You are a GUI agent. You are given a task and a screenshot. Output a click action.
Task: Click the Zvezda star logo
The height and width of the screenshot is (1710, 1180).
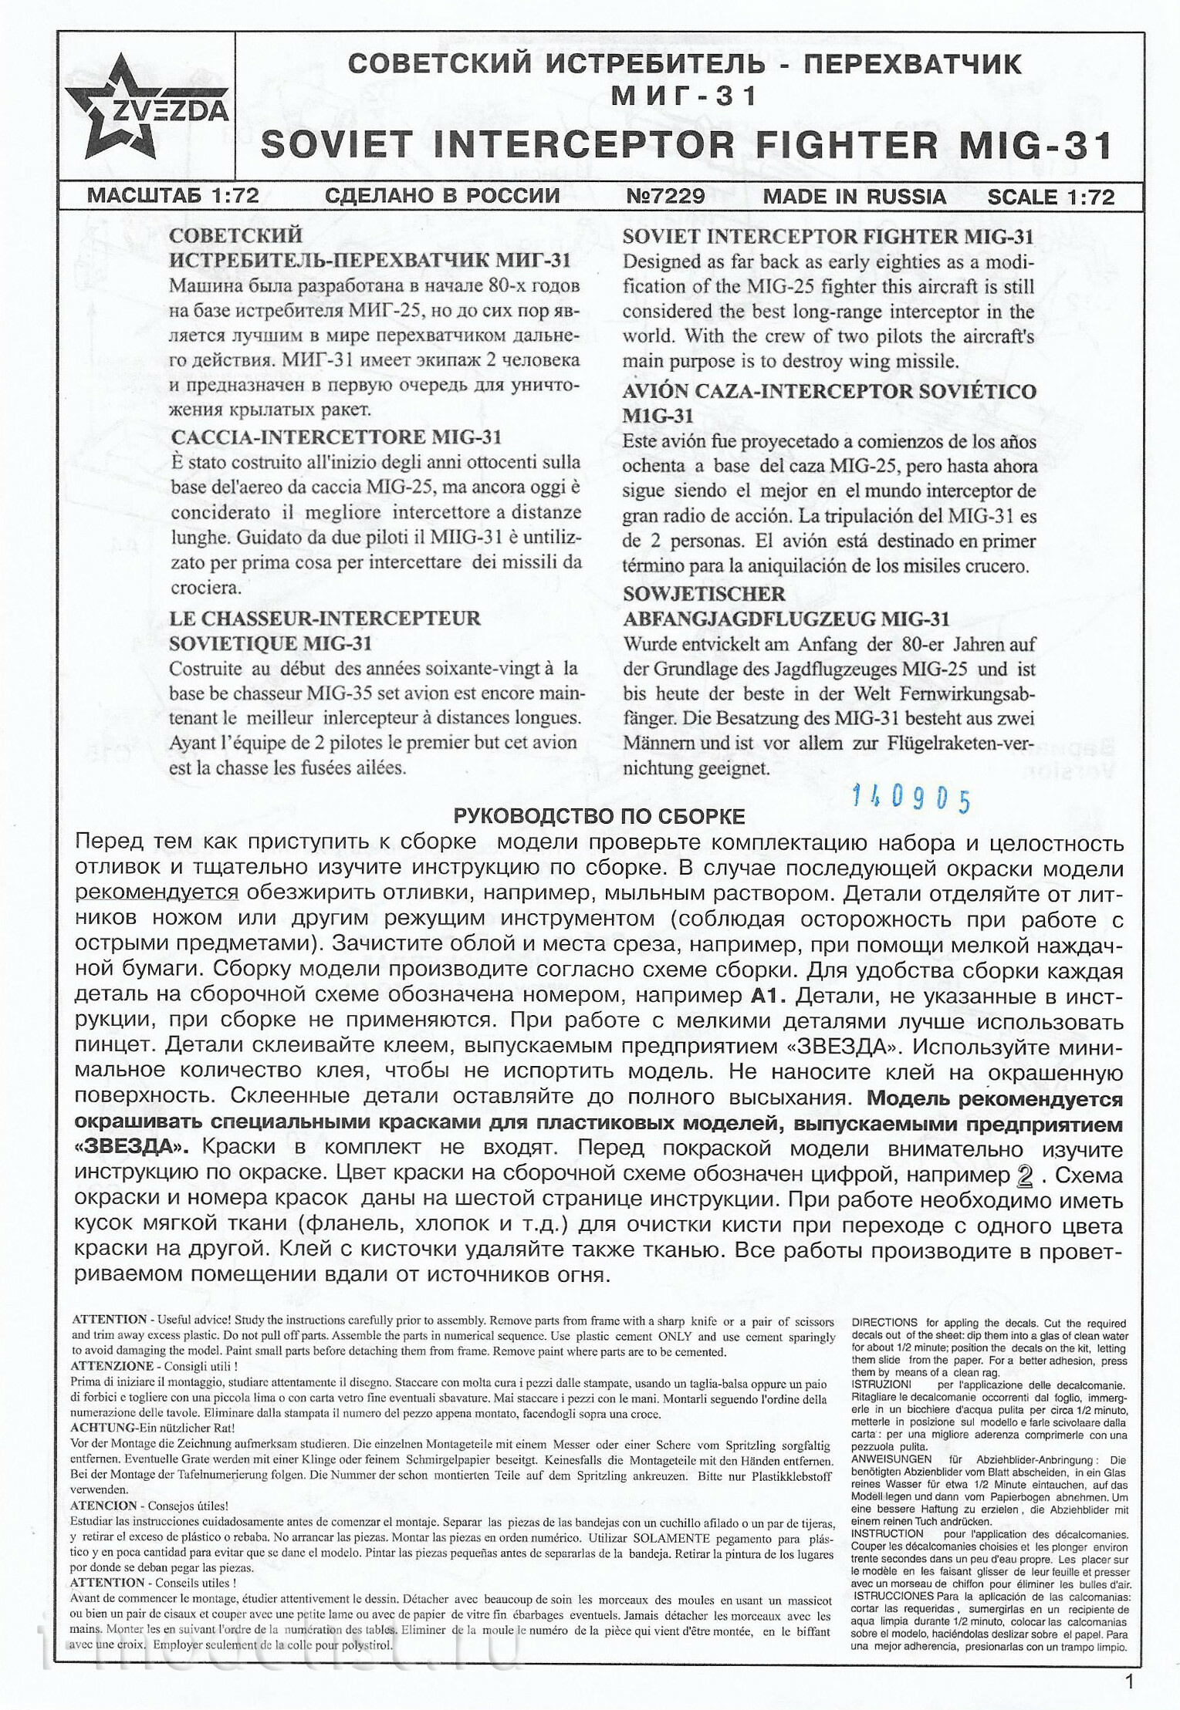coord(123,107)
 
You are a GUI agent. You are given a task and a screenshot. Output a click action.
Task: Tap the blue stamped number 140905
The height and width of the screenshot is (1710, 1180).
coord(911,799)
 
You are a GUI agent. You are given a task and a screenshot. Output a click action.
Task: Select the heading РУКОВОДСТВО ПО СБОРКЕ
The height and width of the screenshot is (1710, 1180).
coord(599,816)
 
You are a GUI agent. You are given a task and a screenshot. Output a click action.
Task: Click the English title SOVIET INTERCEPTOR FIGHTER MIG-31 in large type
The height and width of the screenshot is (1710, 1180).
coord(686,145)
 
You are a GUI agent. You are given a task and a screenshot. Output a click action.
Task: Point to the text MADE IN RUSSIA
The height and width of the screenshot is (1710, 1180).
coord(854,196)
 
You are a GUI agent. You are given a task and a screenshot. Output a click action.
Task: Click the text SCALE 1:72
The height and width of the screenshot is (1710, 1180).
coord(1050,197)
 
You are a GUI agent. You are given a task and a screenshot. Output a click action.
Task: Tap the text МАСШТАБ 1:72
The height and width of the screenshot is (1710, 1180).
coord(173,196)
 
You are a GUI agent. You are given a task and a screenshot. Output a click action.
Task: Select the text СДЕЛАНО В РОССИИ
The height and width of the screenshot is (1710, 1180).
coord(443,196)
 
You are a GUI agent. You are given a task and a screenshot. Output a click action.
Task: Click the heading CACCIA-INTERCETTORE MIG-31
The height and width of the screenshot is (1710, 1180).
coord(336,437)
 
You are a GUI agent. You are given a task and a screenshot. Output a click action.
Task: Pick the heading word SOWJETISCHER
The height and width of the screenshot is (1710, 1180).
coord(704,594)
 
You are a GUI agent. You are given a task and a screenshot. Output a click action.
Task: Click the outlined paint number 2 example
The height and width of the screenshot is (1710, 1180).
coord(1025,1175)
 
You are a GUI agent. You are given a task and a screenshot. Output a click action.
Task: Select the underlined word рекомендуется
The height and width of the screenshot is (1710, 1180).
coord(157,892)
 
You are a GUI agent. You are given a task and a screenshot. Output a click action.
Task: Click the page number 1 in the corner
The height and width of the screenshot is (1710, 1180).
coord(1130,1683)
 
